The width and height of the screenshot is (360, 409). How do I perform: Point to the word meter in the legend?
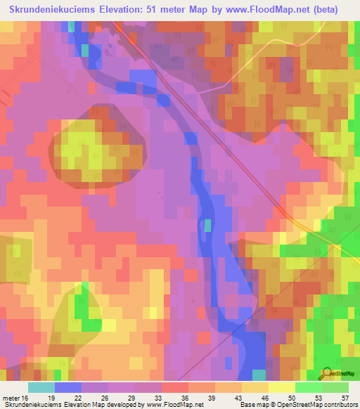12,398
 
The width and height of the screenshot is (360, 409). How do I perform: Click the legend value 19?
51,398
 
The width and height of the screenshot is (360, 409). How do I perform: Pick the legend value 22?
78,398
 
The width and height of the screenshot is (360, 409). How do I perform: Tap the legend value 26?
105,398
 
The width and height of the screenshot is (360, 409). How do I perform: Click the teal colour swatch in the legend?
41,387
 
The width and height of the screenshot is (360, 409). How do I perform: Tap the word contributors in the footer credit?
340,405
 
